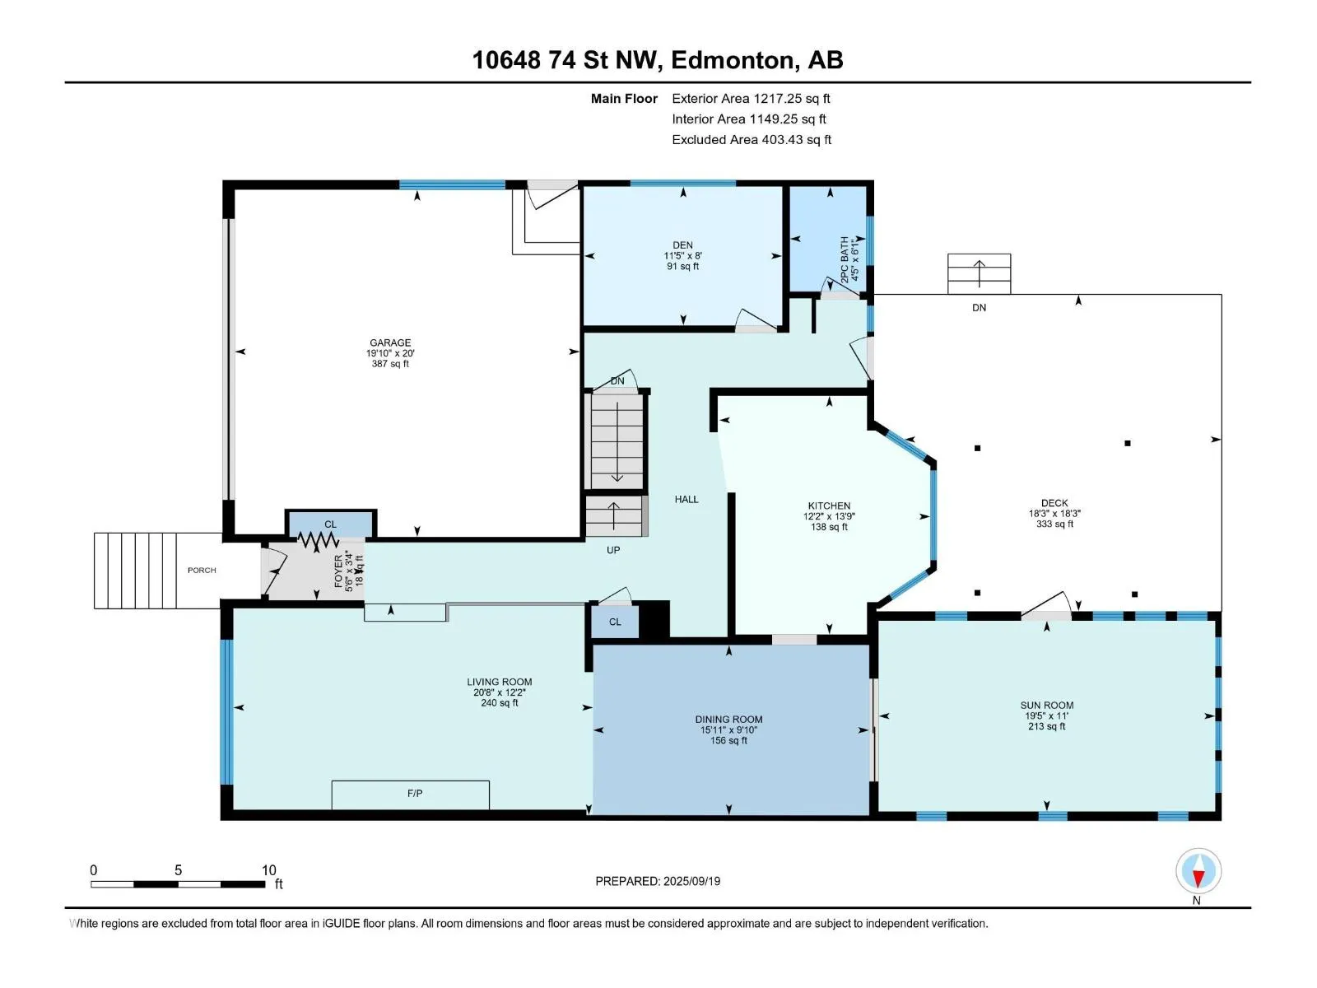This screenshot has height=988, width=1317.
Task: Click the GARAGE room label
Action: [390, 343]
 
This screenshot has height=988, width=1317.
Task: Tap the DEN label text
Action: [682, 245]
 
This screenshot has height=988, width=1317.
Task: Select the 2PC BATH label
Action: [845, 259]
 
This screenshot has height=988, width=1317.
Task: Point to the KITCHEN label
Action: [829, 506]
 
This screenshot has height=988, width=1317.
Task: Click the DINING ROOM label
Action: [728, 720]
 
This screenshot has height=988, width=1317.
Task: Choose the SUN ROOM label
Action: [1046, 705]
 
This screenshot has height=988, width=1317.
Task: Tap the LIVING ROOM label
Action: [499, 682]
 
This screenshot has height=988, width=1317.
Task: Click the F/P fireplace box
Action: [411, 795]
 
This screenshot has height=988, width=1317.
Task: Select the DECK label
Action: [1054, 503]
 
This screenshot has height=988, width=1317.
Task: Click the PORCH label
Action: [202, 570]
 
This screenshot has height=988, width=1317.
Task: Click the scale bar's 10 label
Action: [269, 869]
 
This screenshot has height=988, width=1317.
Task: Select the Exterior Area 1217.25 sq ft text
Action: [751, 98]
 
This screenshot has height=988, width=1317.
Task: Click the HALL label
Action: [686, 499]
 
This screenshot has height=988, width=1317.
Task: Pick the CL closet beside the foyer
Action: [331, 524]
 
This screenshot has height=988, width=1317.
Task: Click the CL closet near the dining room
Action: [615, 622]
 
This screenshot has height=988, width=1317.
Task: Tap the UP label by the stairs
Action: [612, 550]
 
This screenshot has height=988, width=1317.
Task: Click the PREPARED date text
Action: [658, 881]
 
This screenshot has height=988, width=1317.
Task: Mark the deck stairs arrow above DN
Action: [980, 274]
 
